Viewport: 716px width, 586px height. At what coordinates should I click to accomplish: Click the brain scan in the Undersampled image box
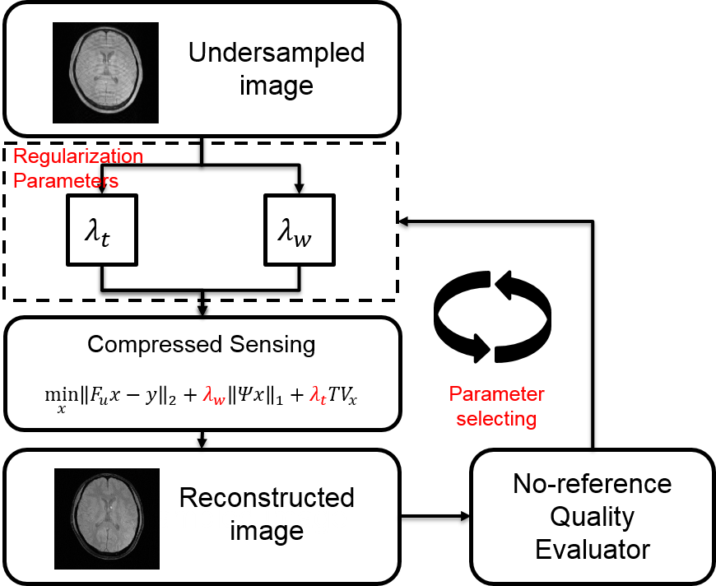coord(105,72)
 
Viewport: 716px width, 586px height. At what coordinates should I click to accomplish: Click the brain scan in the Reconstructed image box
coord(105,518)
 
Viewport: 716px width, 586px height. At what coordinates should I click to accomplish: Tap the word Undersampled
coord(276,53)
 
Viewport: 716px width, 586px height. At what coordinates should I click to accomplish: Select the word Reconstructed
coord(267,498)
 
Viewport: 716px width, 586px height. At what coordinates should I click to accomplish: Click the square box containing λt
coord(101,230)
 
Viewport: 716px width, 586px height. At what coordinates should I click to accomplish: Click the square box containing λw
coord(298,230)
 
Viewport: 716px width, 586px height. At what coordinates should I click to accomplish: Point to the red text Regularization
coord(79,156)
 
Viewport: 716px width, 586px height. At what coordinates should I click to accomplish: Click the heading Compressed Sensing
coord(202,343)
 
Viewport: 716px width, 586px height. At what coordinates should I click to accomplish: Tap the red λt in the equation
coord(317,396)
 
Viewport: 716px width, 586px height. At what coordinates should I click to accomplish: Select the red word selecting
coord(496,419)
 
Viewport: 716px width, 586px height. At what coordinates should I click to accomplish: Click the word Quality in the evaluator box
coord(593,517)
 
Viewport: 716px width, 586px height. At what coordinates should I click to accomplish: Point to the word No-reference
coord(593,484)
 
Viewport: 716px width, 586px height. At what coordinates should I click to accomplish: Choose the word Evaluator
coord(593,549)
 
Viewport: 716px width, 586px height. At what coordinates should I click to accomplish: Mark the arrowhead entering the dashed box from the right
coord(403,221)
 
